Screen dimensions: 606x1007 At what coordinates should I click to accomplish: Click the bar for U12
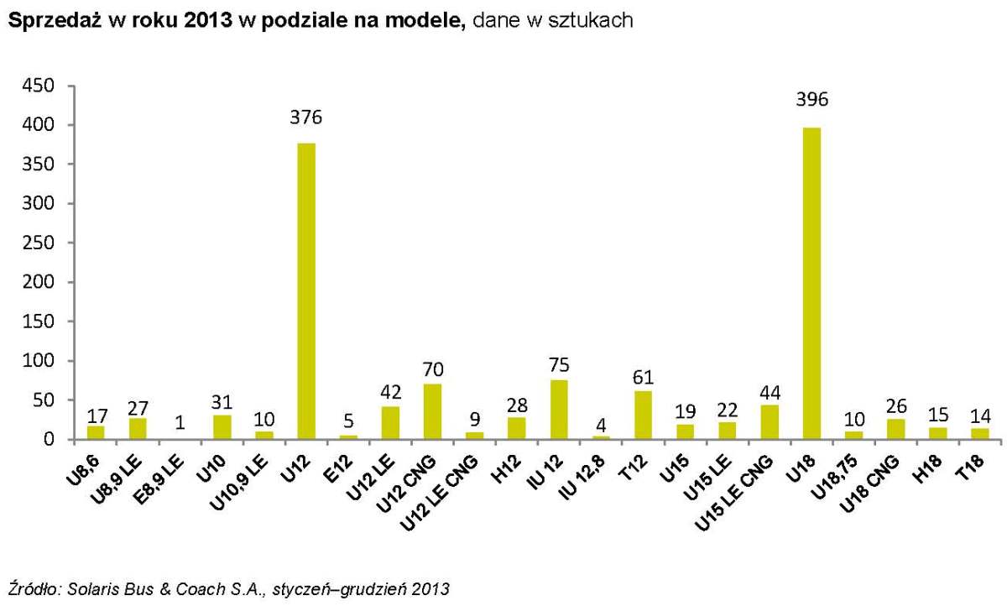[306, 291]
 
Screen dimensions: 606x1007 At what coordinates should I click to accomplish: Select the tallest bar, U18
[811, 283]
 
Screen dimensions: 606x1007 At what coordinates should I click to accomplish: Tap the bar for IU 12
[559, 410]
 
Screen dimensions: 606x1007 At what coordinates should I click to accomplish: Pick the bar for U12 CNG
[432, 411]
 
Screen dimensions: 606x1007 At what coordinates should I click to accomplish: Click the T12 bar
[643, 415]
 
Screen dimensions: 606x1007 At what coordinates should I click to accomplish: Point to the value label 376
[306, 118]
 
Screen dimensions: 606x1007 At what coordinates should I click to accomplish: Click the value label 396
[811, 100]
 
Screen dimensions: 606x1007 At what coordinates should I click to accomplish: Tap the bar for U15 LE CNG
[770, 422]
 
